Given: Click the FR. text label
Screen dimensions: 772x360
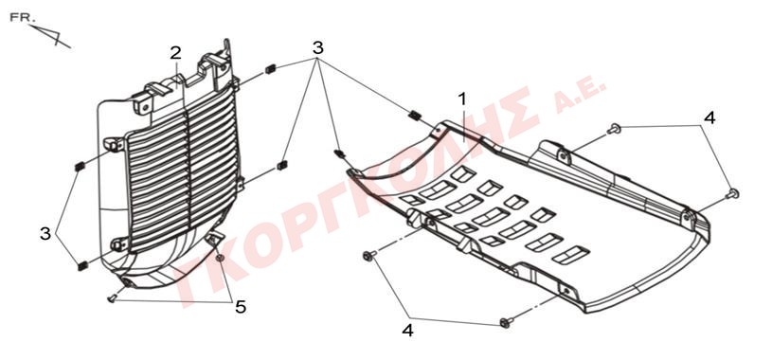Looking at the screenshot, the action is tap(22, 18).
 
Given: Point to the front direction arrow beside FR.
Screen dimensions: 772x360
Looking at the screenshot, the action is tap(50, 36).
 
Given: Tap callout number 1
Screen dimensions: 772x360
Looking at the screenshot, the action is tap(462, 99).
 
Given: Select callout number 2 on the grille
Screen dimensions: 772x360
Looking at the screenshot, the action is tap(176, 53).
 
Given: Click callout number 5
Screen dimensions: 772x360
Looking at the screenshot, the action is tap(241, 307).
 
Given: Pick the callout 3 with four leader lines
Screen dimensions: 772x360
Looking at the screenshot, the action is tap(318, 47).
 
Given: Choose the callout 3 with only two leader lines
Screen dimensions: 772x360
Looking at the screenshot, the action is tap(45, 233).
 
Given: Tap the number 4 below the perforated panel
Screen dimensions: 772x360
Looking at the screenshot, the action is tap(407, 330).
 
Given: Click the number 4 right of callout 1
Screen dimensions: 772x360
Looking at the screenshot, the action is tap(709, 117).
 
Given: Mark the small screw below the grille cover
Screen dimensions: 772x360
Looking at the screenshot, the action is tap(113, 298).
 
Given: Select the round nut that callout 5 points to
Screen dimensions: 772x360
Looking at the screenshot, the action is tap(221, 258).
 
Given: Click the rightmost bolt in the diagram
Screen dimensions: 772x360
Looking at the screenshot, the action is tap(733, 193).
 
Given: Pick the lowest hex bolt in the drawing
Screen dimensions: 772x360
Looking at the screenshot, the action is tap(506, 322).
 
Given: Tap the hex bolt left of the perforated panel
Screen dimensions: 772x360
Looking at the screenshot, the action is tap(368, 255).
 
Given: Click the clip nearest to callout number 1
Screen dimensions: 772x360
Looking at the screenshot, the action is tap(415, 116).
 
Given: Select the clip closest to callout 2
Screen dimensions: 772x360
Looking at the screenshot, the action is tap(270, 69).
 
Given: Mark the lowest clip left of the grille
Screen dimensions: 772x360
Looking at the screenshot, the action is tap(82, 266).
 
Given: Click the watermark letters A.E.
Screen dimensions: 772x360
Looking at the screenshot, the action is tap(580, 97).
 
